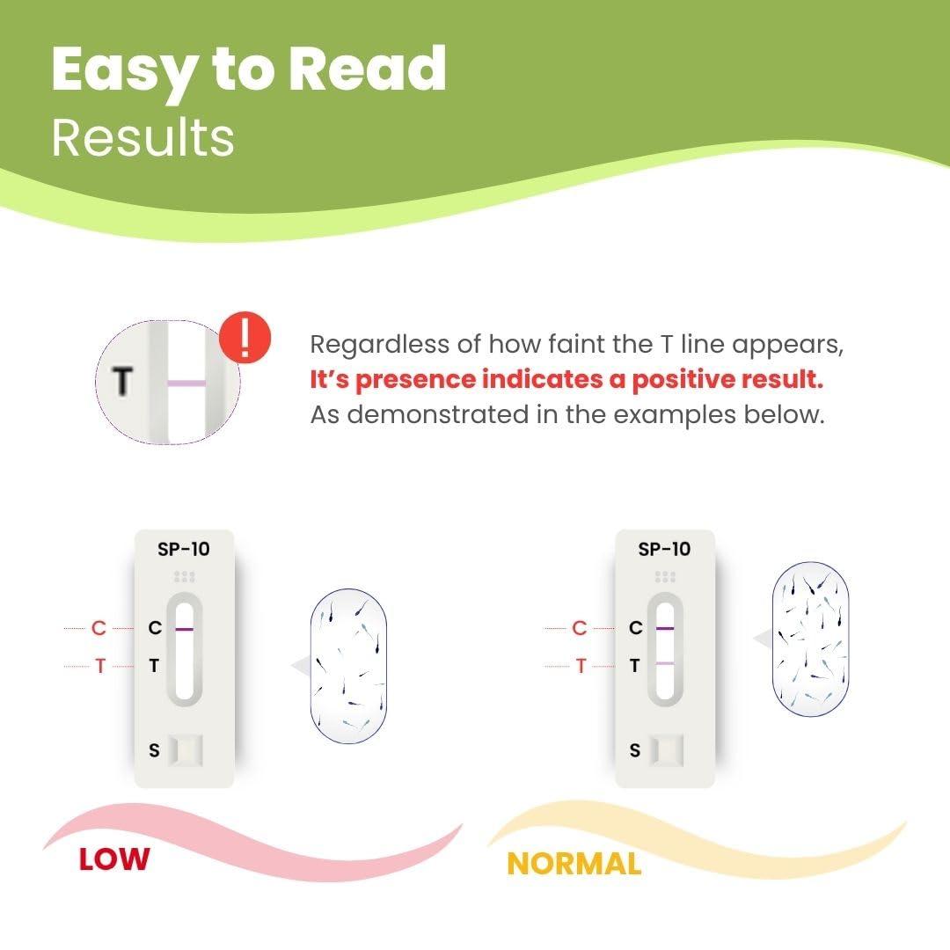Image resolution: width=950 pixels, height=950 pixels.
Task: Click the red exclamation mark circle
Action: coord(245,338)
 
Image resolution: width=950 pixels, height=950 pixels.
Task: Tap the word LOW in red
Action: coord(113,859)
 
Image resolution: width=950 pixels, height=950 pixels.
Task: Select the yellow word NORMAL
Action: coord(574,864)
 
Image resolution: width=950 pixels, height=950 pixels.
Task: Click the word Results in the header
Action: coord(143,138)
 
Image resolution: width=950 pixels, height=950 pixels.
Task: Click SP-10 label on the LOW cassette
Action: coord(184,549)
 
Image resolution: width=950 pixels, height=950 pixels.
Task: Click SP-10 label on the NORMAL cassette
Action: coord(664,549)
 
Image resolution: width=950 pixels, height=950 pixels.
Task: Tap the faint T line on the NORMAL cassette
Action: coord(665,664)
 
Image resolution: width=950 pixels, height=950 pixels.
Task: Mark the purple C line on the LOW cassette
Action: coord(184,629)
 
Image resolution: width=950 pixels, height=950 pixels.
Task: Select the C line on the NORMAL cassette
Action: coord(665,628)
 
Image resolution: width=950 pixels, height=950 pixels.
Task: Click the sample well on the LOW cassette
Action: coord(186,750)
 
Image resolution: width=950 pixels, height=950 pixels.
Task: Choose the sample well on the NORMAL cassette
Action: coord(667,750)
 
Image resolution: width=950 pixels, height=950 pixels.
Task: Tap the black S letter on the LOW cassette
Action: coord(155,750)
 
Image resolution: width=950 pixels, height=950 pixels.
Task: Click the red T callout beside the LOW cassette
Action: coord(100,667)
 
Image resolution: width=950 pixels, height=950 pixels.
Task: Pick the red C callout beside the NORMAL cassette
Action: coord(579,628)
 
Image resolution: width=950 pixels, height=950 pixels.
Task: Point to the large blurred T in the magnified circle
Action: coord(123,381)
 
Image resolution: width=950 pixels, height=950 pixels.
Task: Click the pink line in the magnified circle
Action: coord(186,383)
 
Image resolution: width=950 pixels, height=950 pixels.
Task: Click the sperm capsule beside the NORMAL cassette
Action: coord(810,639)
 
